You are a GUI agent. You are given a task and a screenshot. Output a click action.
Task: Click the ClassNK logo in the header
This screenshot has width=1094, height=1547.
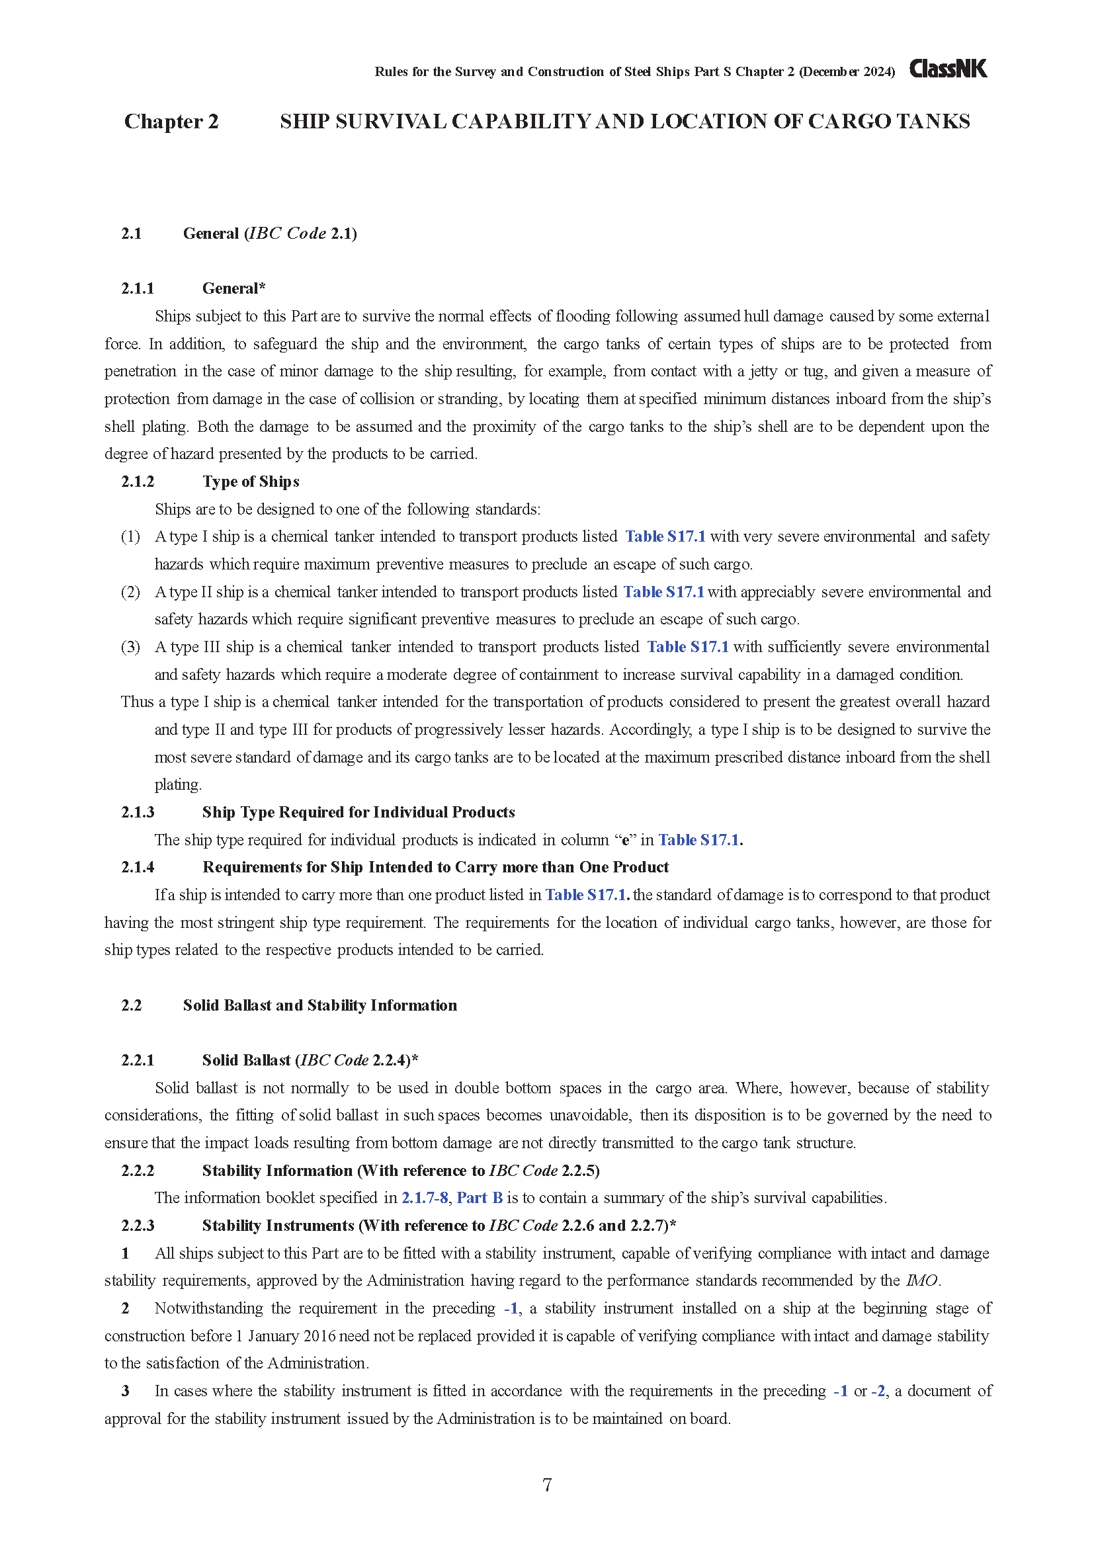(948, 69)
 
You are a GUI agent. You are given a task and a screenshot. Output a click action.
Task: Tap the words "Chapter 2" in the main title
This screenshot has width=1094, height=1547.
(171, 121)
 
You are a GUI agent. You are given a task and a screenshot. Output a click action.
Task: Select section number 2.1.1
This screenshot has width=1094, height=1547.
(138, 288)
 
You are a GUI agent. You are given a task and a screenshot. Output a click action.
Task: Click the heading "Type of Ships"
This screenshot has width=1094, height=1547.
(251, 481)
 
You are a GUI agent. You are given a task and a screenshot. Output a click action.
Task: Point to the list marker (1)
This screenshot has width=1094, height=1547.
(130, 536)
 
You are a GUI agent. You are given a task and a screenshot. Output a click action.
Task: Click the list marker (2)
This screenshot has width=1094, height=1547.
(130, 591)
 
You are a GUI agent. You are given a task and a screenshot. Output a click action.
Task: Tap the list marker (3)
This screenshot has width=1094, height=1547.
(130, 647)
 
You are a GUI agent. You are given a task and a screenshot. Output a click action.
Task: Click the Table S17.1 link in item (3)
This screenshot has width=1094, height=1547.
(688, 647)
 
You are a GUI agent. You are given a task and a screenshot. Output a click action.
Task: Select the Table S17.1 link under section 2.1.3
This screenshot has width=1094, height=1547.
(700, 839)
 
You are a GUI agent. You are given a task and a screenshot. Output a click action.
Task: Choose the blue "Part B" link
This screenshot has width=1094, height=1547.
(480, 1197)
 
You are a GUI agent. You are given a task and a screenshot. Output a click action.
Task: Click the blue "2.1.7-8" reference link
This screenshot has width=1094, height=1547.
(425, 1197)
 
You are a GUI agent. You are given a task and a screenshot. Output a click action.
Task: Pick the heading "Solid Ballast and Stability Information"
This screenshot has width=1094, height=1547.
(320, 1005)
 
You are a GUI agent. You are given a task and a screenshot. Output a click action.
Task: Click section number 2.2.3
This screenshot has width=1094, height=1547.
(138, 1225)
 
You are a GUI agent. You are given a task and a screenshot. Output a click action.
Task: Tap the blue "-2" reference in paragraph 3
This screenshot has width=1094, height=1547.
(878, 1391)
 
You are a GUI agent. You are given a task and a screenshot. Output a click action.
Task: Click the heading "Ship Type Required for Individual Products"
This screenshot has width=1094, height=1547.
(358, 812)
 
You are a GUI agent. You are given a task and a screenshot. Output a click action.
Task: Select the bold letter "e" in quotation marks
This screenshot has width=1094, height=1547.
(625, 840)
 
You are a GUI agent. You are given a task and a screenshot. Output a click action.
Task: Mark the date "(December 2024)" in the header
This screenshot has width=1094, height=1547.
(847, 72)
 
